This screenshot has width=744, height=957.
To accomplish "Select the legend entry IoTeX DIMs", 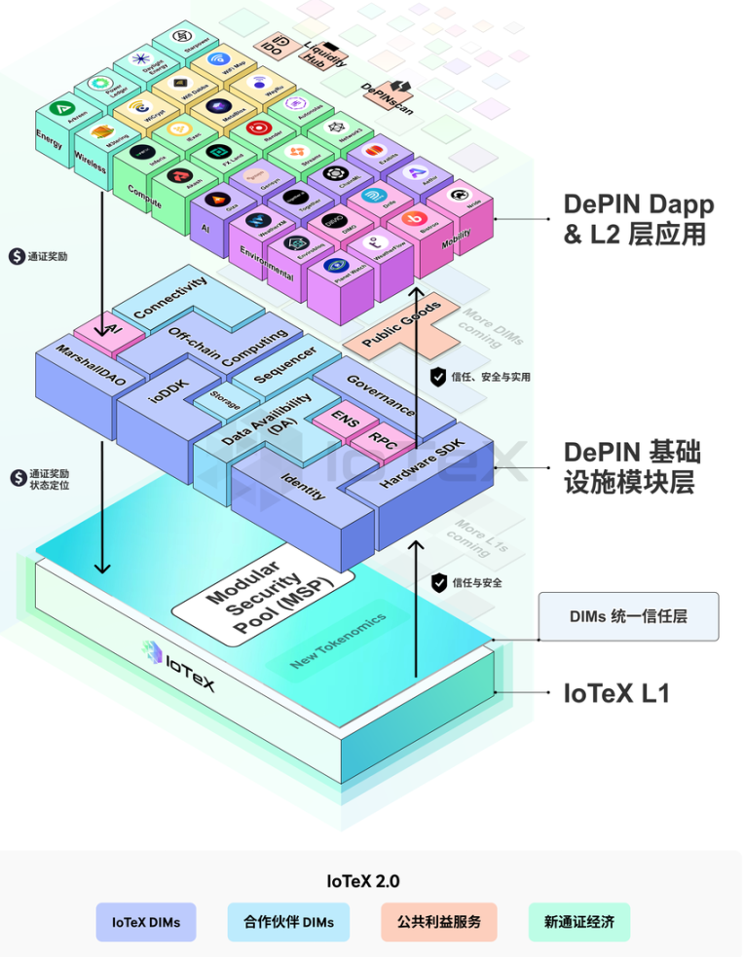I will pos(146,921).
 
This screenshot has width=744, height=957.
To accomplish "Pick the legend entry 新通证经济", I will pos(579,921).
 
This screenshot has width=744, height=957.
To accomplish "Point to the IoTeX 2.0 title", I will pos(362,881).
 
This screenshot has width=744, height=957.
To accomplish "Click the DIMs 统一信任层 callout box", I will pos(629,616).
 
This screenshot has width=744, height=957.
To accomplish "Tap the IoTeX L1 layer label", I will pos(617,693).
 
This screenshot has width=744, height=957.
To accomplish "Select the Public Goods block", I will pos(401,326).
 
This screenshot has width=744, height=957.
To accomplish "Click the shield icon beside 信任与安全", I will pos(438,582).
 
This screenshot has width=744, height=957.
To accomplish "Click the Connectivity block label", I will pos(171,298).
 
